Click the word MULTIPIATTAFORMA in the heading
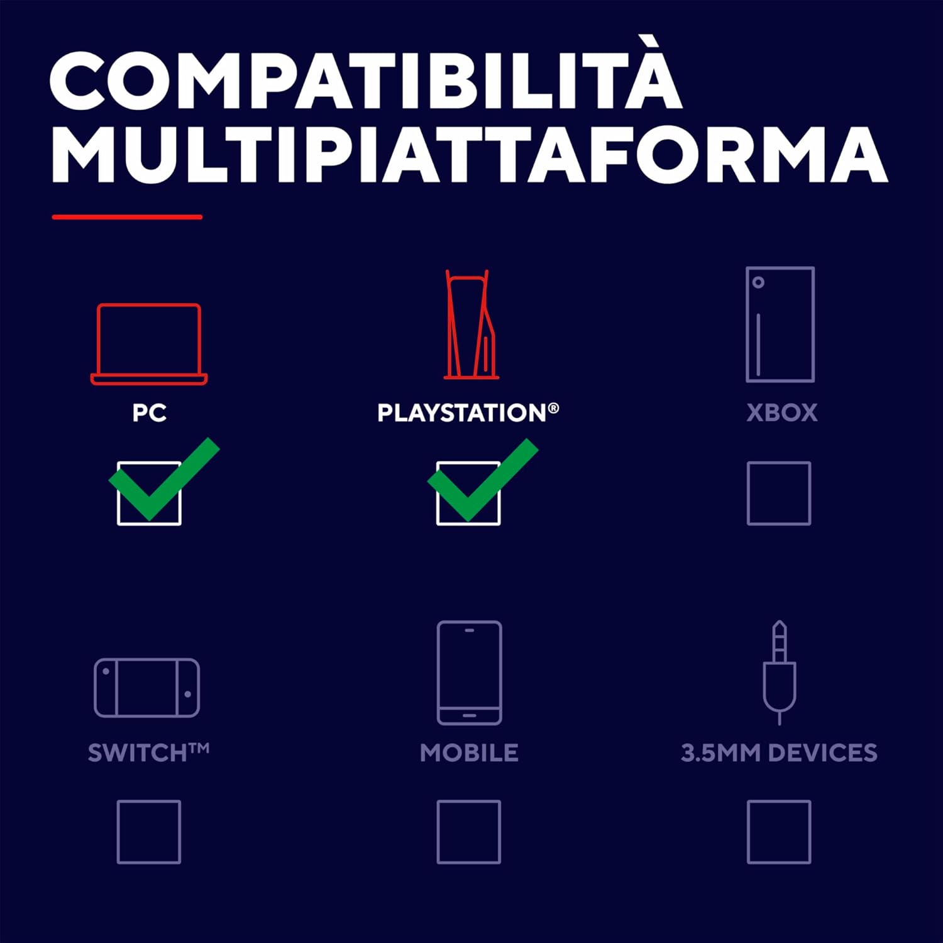tap(470, 154)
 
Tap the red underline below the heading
tap(127, 217)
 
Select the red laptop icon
tap(149, 344)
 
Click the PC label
tap(150, 413)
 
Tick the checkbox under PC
tap(149, 494)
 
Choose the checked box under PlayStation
tap(468, 494)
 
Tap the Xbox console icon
tap(780, 324)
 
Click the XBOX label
tap(782, 413)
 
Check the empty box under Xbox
tap(779, 494)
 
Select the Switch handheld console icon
tap(147, 688)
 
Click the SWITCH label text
tap(148, 753)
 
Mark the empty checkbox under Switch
tap(149, 832)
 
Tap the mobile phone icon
tap(470, 673)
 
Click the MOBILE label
tap(469, 753)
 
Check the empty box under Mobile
tap(468, 832)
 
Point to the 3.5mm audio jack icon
tap(780, 673)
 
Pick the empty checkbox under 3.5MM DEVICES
tap(779, 832)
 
